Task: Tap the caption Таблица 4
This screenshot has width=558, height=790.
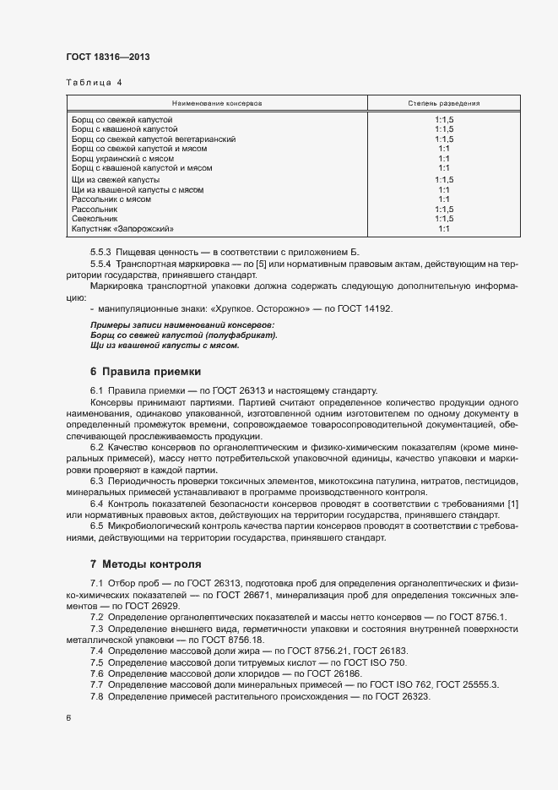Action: coord(94,83)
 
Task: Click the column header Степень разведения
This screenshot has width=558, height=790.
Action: coord(444,103)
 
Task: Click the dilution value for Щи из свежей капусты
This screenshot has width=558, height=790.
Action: coord(444,180)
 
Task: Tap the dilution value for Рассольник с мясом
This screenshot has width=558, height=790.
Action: coord(444,199)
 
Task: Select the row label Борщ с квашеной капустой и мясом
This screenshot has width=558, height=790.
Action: coord(141,168)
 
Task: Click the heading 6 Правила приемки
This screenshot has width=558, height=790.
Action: coord(144,371)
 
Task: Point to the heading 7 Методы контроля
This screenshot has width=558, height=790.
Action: coord(145,563)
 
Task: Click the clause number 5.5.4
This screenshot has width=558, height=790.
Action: coord(101,264)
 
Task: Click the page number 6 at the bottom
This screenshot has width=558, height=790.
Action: coord(68,718)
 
